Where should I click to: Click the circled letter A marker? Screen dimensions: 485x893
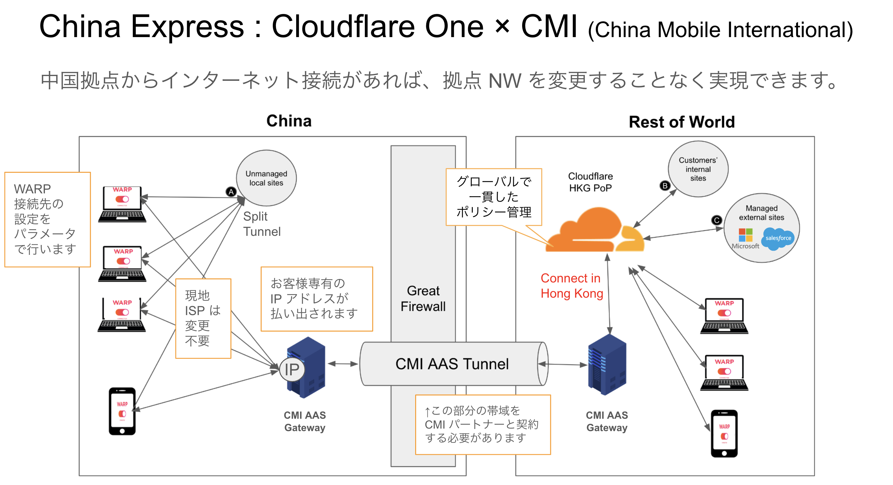click(231, 192)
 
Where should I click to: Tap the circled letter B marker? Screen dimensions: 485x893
click(665, 185)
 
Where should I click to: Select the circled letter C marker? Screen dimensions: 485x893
click(716, 220)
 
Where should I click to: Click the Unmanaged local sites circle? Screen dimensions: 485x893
click(266, 178)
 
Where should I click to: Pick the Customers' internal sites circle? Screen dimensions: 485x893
click(698, 169)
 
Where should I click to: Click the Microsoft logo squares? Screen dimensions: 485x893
click(745, 235)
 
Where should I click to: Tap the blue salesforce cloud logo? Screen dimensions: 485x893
click(778, 238)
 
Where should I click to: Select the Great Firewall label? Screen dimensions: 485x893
click(423, 299)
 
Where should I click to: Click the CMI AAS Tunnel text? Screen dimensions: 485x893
click(452, 364)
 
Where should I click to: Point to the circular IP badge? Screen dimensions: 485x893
click(292, 369)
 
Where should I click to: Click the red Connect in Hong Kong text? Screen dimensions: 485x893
click(571, 286)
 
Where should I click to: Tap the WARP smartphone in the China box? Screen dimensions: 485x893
click(122, 411)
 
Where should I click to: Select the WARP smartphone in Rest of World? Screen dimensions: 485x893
click(724, 433)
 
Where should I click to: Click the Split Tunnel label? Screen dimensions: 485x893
click(262, 224)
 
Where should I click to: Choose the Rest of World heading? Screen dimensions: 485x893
click(682, 122)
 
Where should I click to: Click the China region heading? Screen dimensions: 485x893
click(289, 121)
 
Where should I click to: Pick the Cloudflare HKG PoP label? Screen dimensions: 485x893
click(590, 182)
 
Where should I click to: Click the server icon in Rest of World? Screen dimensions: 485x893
click(607, 365)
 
